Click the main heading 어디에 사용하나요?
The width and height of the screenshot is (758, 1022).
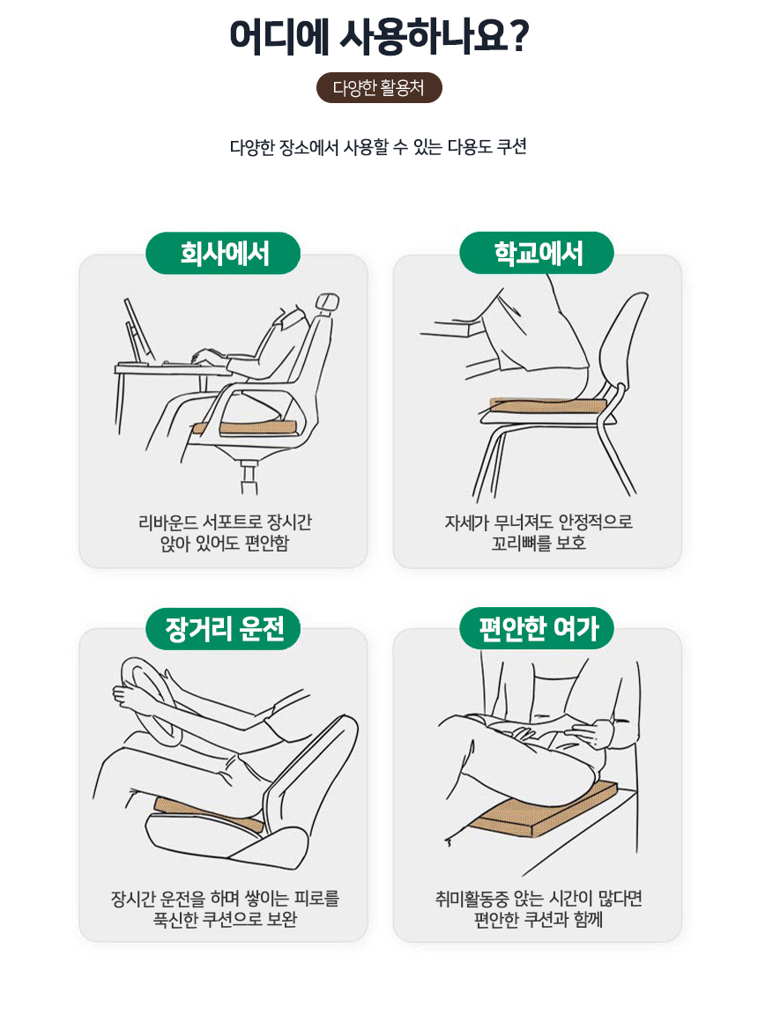click(x=378, y=36)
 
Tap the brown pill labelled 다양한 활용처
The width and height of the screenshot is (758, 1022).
click(x=379, y=87)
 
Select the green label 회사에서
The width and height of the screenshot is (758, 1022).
click(x=223, y=253)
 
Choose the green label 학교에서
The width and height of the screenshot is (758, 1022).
click(x=537, y=253)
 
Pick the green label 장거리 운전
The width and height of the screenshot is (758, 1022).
click(x=223, y=628)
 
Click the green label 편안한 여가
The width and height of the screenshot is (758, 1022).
click(x=537, y=628)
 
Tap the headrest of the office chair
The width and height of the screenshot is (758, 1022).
click(x=327, y=303)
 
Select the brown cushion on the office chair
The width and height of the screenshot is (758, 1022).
click(x=245, y=427)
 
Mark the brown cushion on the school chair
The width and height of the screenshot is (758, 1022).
click(x=548, y=405)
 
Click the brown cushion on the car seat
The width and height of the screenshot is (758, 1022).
click(x=209, y=814)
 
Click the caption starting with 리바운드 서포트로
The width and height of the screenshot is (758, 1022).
click(x=225, y=532)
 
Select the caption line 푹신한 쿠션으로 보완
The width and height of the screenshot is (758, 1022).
click(x=225, y=919)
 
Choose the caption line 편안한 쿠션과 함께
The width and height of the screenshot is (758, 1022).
click(x=539, y=919)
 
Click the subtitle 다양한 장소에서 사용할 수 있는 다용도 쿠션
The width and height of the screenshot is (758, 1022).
click(x=378, y=146)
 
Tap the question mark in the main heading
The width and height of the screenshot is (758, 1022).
click(x=519, y=36)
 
